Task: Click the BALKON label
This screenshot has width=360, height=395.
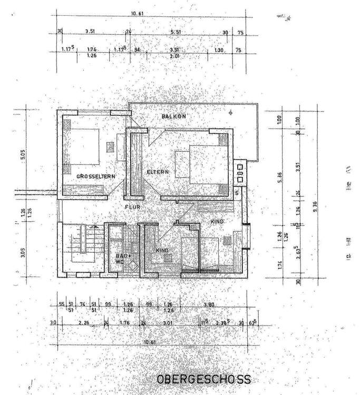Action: coord(174,116)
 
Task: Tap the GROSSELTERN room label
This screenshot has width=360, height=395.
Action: coord(96,176)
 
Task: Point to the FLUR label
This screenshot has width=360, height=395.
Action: coord(132,207)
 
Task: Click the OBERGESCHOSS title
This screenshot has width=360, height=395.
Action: coord(203,379)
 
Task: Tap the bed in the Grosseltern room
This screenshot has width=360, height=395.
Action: coord(82,146)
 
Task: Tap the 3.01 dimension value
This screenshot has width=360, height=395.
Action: coord(168,323)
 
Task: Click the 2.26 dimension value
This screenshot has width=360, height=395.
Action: coord(82,323)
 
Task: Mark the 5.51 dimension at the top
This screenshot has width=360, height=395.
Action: coord(176,32)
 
